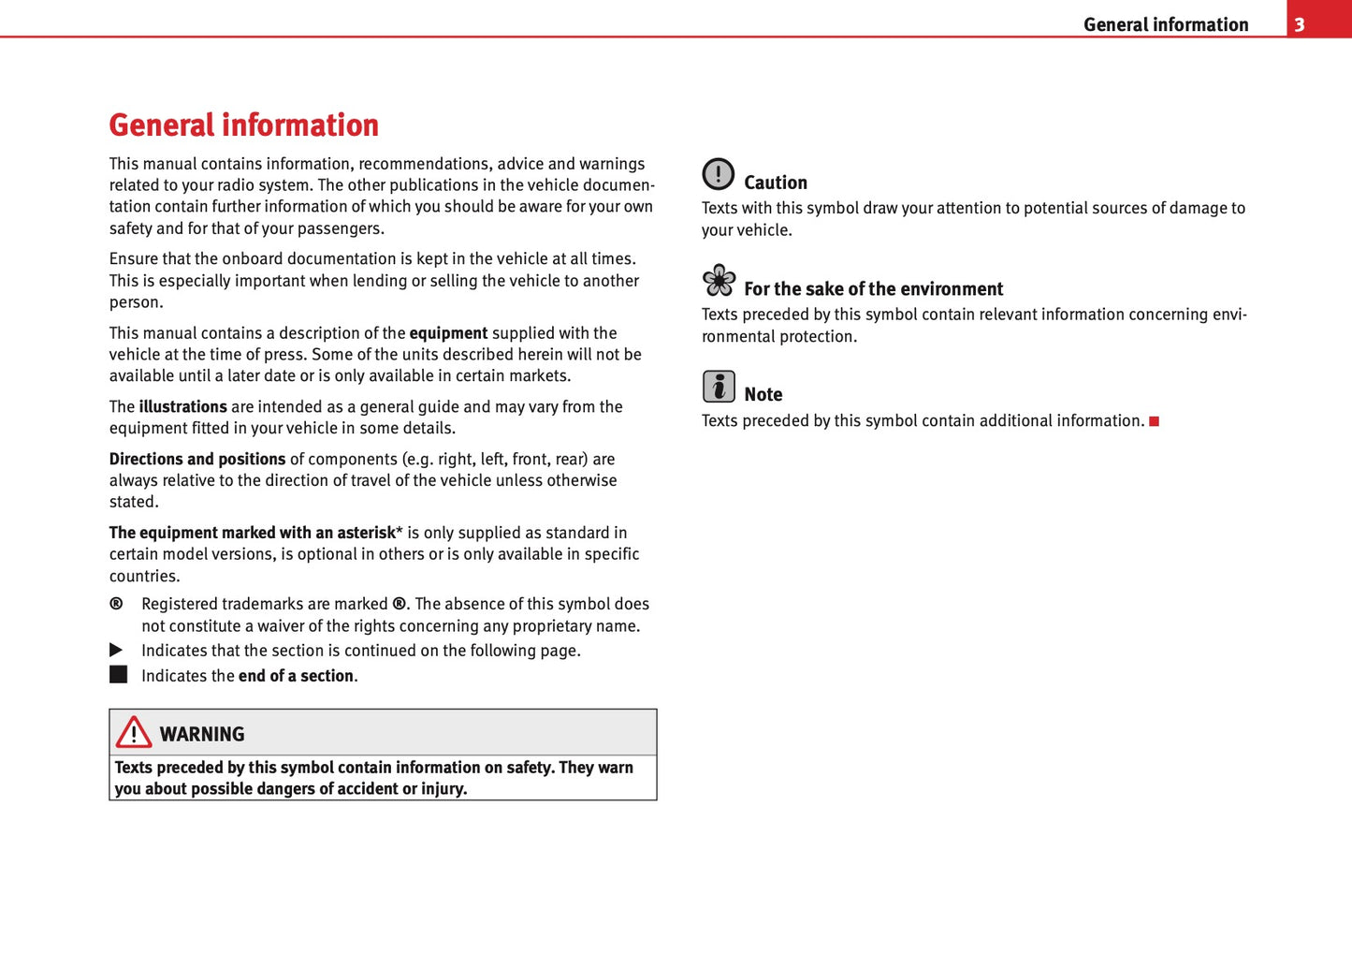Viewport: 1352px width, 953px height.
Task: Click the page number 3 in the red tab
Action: coord(1299,24)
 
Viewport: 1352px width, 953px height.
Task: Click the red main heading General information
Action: coord(243,125)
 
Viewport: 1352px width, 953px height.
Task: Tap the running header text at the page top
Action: coord(1165,24)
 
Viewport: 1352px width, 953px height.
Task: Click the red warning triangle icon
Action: coord(134,733)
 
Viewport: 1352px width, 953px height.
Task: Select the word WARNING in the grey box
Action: coord(202,735)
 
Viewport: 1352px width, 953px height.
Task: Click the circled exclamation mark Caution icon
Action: coord(719,174)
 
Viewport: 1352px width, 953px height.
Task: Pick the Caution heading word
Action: coord(775,183)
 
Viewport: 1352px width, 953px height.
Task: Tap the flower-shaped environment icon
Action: coord(719,280)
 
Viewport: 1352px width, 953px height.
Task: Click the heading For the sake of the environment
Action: coord(873,289)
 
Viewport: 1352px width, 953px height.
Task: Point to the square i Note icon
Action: coord(719,386)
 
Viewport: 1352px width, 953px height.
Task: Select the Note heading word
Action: coord(763,395)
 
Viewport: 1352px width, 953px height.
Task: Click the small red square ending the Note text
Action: coord(1154,421)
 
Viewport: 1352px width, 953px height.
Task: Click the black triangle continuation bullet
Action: coord(116,650)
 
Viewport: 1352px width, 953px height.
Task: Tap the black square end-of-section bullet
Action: coord(118,675)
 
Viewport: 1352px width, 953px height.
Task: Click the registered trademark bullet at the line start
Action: coord(116,604)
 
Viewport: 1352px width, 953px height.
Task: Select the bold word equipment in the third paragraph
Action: coord(448,333)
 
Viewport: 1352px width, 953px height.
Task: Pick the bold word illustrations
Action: coord(182,407)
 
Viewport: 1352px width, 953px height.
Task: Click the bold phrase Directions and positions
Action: coord(197,460)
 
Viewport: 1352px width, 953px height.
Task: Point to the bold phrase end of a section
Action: coord(296,676)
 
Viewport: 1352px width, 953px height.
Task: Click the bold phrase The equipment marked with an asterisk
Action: coord(253,533)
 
